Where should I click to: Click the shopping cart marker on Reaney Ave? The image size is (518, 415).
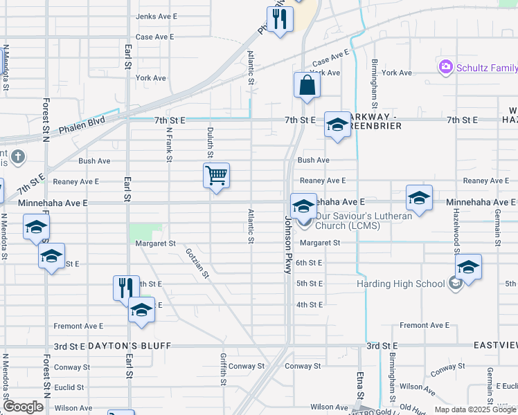point(217,176)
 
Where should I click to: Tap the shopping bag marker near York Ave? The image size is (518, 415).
point(307,86)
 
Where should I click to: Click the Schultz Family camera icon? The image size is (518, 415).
point(445,67)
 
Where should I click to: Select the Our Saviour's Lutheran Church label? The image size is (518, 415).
point(363,220)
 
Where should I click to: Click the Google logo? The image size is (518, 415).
point(23,407)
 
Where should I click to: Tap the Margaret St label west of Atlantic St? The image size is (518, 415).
point(155,243)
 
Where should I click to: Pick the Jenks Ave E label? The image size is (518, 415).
point(157,16)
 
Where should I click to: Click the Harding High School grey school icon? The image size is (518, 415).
point(455,284)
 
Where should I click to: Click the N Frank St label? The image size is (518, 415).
point(168,143)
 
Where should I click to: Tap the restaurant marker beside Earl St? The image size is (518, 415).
point(125,286)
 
